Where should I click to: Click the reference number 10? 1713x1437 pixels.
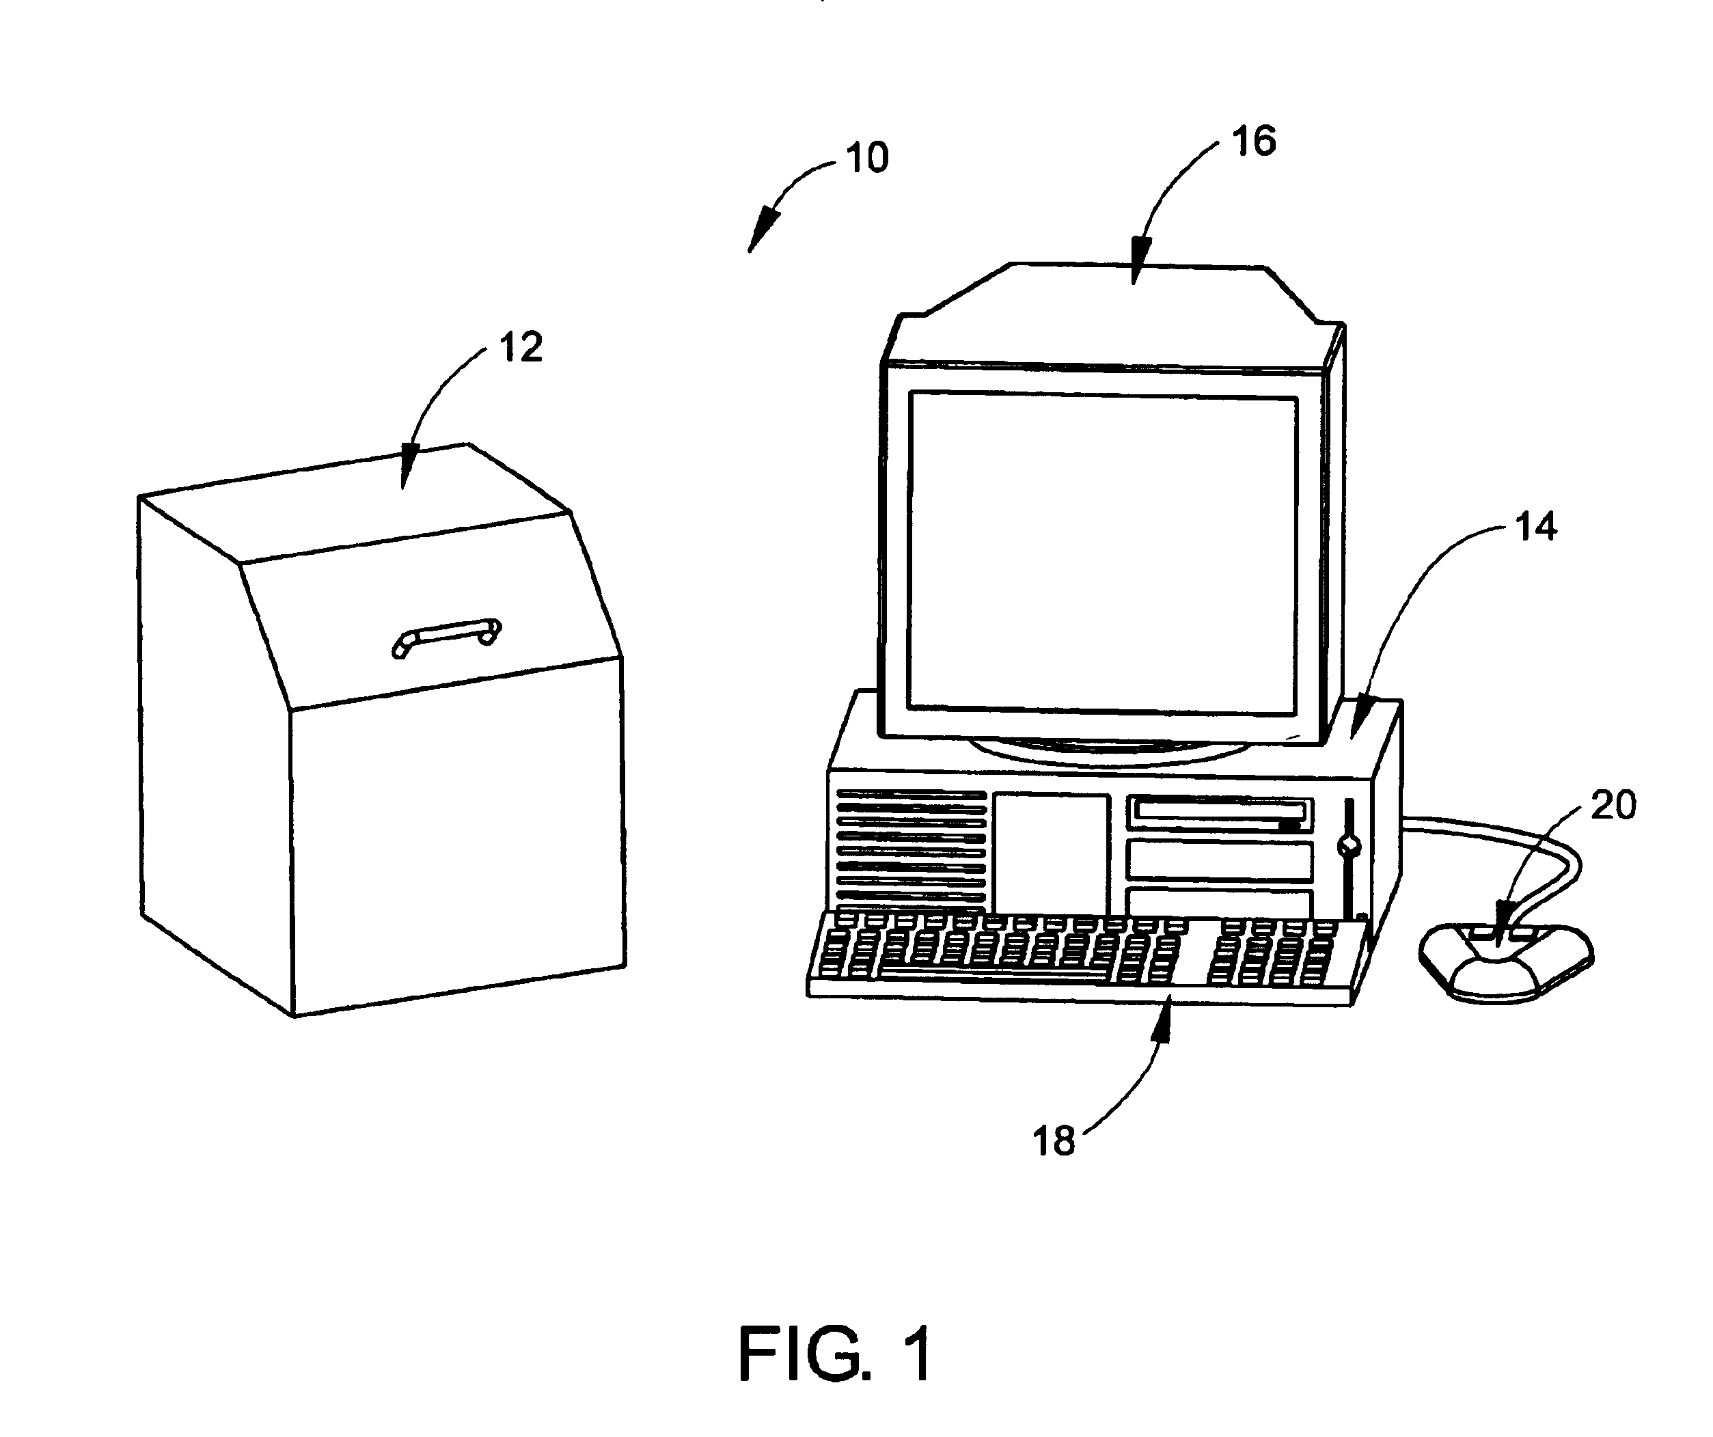pos(866,157)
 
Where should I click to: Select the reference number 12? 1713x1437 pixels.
pos(521,347)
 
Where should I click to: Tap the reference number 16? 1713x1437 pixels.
pos(1254,141)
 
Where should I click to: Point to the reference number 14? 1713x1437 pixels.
pos(1536,527)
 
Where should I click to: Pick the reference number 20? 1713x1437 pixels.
pos(1613,806)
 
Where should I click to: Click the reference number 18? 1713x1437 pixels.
pos(1054,1142)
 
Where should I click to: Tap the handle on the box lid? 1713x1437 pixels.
pos(446,637)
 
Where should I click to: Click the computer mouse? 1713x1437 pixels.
pos(1506,962)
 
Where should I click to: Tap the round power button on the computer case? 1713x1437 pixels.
pos(1349,847)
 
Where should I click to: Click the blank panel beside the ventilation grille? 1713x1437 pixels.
pos(1051,852)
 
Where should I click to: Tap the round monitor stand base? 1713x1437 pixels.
pos(1101,750)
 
